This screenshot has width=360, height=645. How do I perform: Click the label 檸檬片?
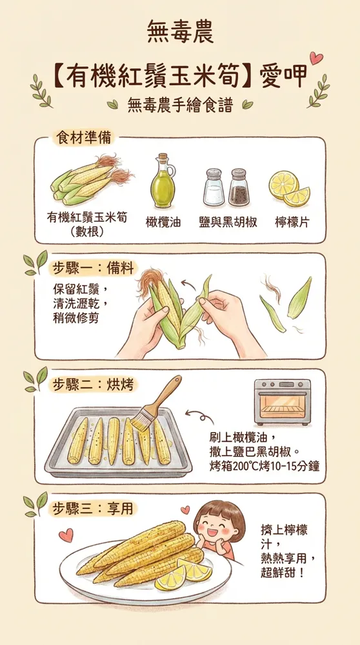pyautogui.click(x=292, y=222)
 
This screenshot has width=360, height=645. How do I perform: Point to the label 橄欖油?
pyautogui.click(x=163, y=222)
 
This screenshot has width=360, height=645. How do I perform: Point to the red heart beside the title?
pyautogui.click(x=316, y=57)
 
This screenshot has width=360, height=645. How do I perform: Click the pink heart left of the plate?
pyautogui.click(x=65, y=535)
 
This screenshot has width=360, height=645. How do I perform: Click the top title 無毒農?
pyautogui.click(x=180, y=30)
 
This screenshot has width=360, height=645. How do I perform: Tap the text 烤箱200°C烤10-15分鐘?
pyautogui.click(x=265, y=465)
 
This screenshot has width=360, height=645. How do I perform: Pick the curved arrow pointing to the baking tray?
pyautogui.click(x=195, y=415)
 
